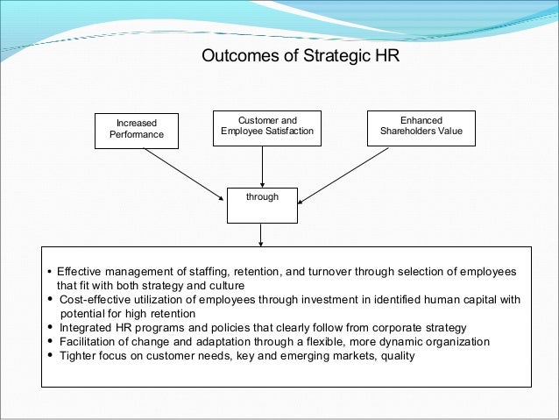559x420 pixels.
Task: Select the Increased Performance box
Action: [137, 128]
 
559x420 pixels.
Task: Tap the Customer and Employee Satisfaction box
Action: [267, 126]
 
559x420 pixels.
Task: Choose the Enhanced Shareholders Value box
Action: [421, 127]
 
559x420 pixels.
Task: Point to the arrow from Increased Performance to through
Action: [184, 172]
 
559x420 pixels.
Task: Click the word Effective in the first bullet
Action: [80, 272]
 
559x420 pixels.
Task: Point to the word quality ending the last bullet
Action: [395, 356]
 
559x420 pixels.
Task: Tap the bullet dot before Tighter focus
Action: [50, 356]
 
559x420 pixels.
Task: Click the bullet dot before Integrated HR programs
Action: [50, 328]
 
